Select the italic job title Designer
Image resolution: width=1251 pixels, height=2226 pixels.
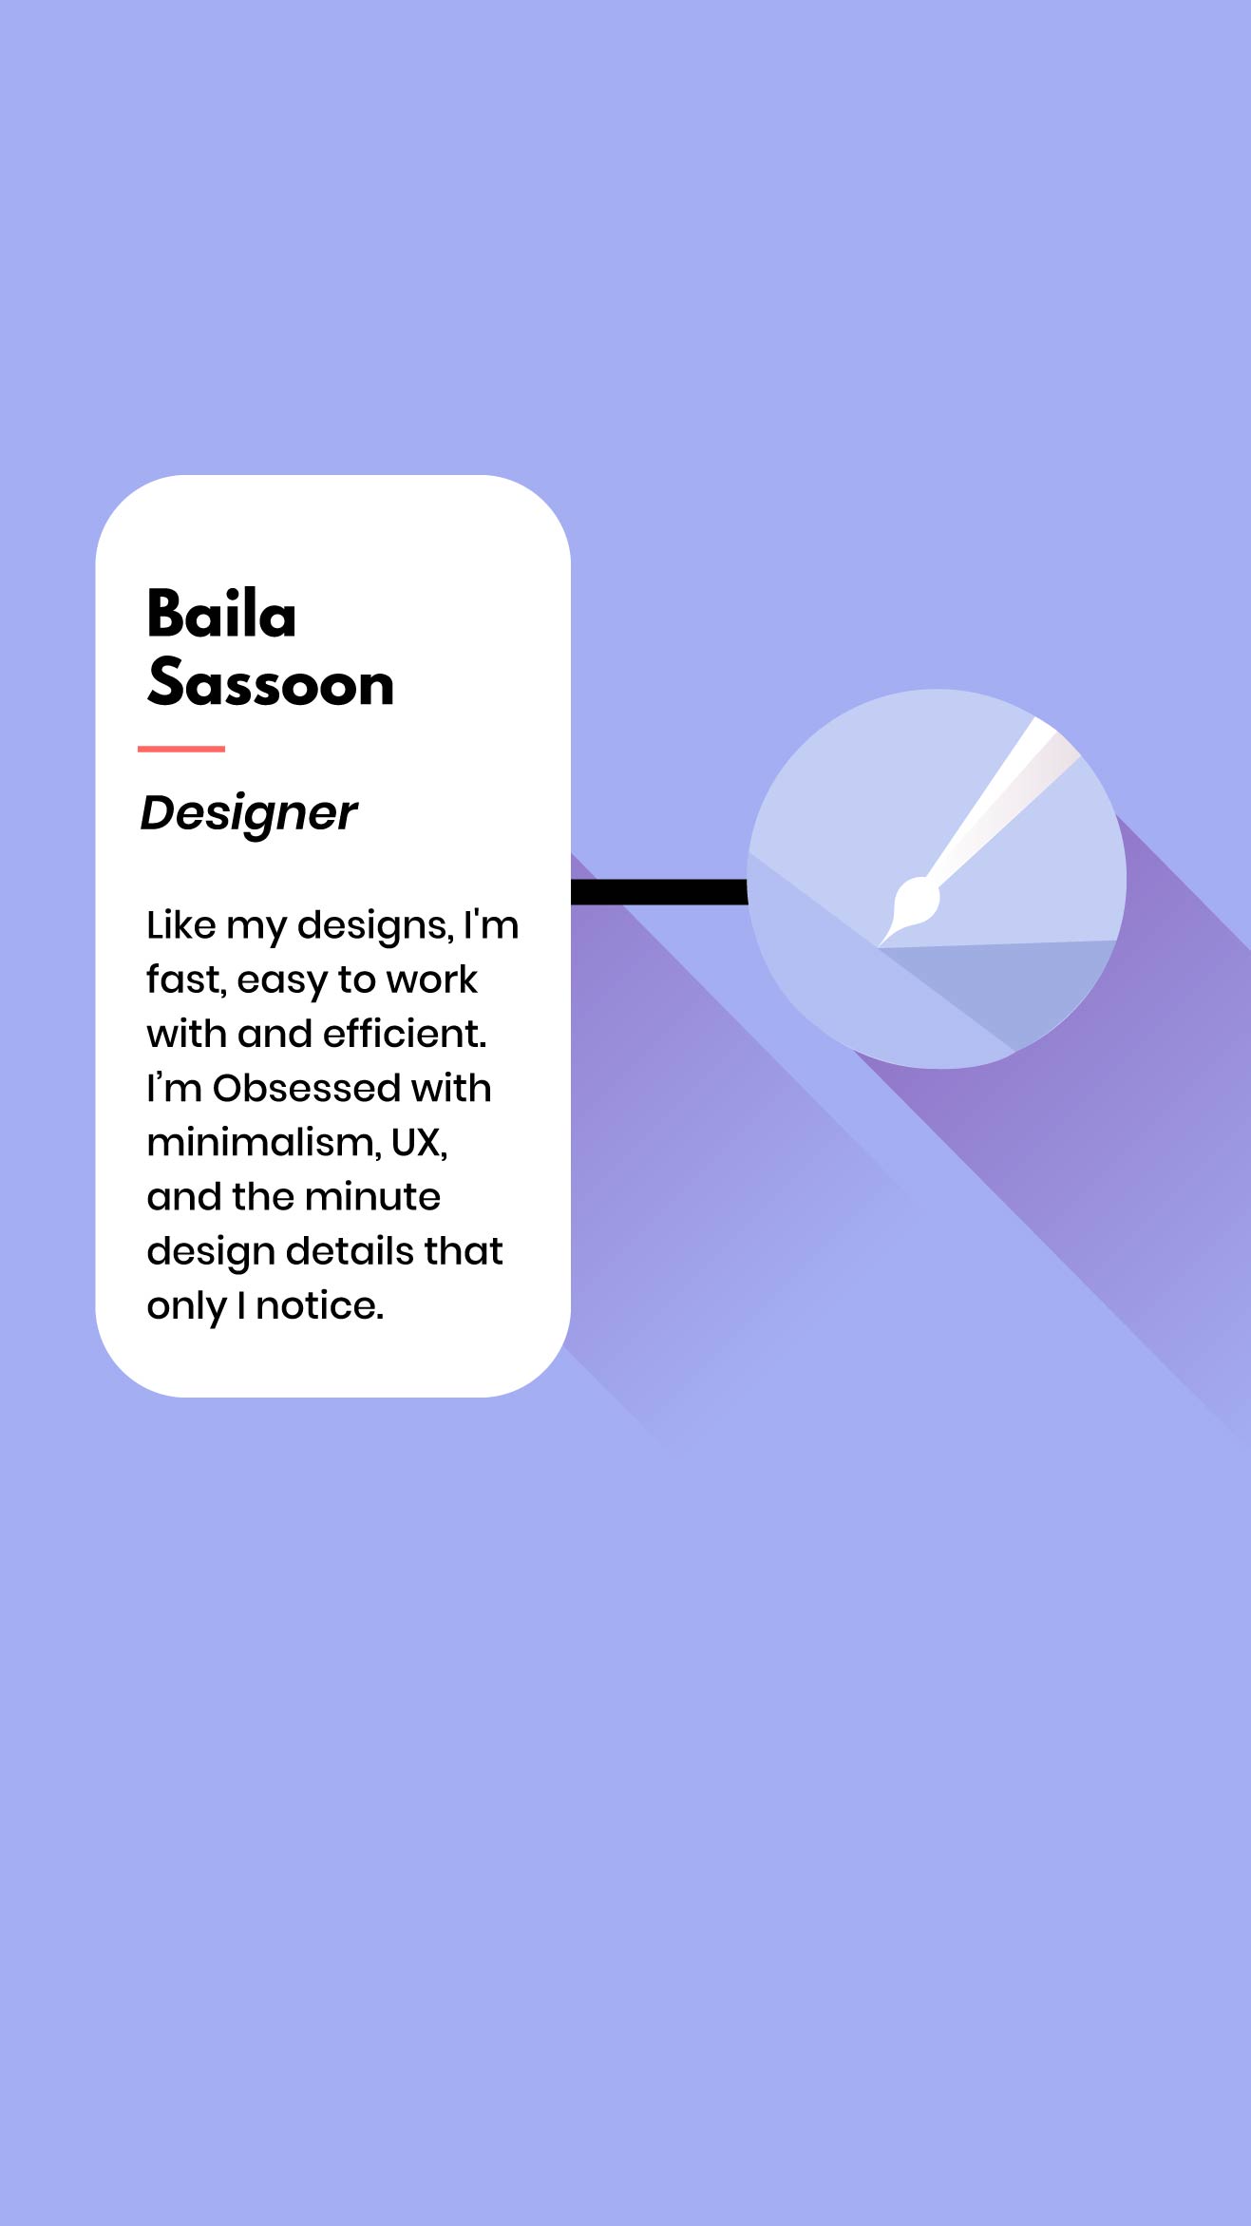pyautogui.click(x=249, y=814)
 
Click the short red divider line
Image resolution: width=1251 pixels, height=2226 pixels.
pyautogui.click(x=181, y=749)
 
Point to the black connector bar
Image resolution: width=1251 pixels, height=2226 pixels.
pyautogui.click(x=659, y=892)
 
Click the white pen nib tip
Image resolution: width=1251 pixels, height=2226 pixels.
pyautogui.click(x=881, y=944)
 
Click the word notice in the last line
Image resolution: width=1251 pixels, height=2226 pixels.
pyautogui.click(x=319, y=1306)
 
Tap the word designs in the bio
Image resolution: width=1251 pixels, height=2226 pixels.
pyautogui.click(x=375, y=926)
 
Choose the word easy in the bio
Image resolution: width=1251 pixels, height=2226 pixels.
pyautogui.click(x=282, y=981)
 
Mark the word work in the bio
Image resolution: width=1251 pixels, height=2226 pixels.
pyautogui.click(x=432, y=980)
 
